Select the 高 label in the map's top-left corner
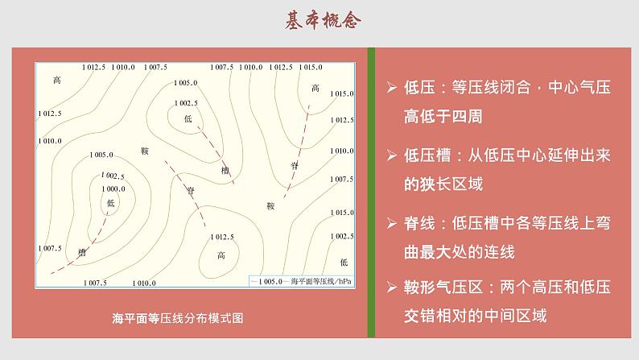[56, 80]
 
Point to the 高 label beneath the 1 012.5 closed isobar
[221, 255]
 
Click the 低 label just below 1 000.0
[110, 203]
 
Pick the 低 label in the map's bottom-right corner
[344, 263]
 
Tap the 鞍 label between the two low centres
[145, 151]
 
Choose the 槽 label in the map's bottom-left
[81, 252]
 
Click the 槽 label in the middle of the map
[225, 170]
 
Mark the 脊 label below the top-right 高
[295, 164]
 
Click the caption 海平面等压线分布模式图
[178, 317]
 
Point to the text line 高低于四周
[443, 116]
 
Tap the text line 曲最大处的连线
[459, 250]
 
